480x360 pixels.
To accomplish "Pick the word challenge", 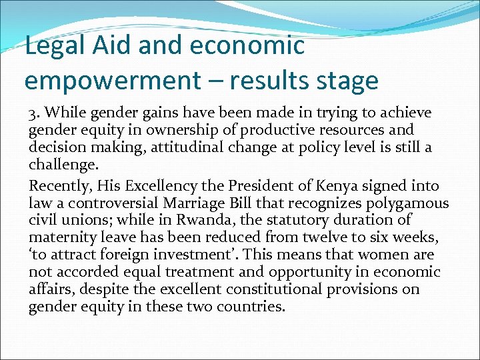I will pos(61,165).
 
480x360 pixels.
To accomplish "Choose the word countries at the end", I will pos(247,307).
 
